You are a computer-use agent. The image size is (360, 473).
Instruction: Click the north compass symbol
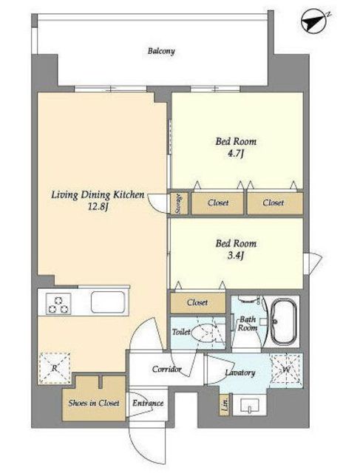[x=315, y=21]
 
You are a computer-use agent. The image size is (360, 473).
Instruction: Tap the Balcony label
[x=161, y=51]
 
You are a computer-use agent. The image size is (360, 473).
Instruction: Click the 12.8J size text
[x=98, y=208]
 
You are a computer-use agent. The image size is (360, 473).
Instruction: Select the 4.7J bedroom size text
[x=235, y=154]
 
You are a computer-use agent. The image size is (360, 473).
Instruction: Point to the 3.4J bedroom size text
[x=235, y=256]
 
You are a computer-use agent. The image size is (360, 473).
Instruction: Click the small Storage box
[x=179, y=204]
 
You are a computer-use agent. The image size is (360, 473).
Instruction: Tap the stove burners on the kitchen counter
[x=58, y=304]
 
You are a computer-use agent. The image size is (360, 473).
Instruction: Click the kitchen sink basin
[x=108, y=302]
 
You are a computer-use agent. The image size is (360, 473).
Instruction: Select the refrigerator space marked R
[x=55, y=368]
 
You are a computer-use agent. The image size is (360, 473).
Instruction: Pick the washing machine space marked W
[x=286, y=370]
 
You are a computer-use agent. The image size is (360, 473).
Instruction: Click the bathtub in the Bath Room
[x=284, y=321]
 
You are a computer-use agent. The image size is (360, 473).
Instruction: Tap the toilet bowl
[x=205, y=333]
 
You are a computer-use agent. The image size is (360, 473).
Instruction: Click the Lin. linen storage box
[x=225, y=404]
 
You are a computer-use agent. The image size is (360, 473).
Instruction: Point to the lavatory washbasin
[x=250, y=406]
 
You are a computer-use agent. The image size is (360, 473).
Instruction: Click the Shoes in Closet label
[x=94, y=403]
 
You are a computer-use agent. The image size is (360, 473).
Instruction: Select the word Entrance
[x=148, y=404]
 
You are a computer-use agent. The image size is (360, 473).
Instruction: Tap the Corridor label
[x=166, y=369]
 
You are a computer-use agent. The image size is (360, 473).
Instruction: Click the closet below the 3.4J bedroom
[x=198, y=302]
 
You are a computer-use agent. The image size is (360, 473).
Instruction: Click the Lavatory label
[x=240, y=372]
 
